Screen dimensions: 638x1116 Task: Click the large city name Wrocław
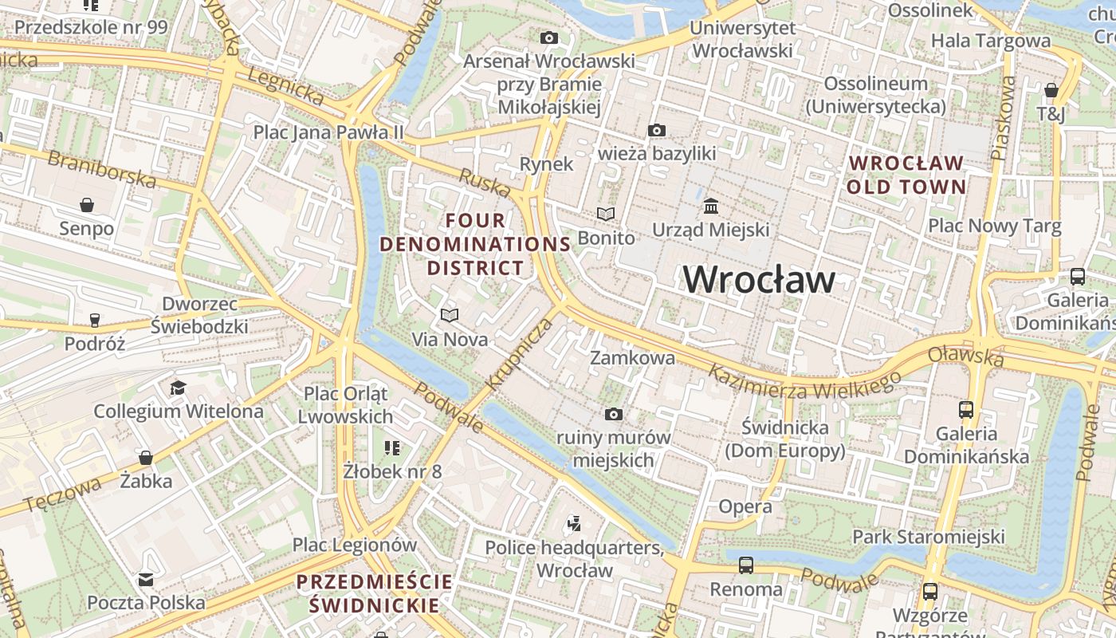click(759, 279)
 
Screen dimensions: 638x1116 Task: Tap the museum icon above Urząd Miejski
click(711, 207)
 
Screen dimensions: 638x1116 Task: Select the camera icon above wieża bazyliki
click(657, 130)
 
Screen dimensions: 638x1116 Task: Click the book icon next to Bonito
click(606, 214)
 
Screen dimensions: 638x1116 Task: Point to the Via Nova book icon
click(450, 315)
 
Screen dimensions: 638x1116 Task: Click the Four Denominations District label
click(476, 244)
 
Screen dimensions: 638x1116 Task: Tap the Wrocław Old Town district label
click(907, 175)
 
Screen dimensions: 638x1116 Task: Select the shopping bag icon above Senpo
click(87, 205)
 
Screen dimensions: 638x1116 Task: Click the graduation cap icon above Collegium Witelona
click(178, 388)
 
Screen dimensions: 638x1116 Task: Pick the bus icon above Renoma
click(746, 565)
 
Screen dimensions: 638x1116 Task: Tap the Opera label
click(745, 506)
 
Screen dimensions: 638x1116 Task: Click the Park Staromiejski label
click(929, 536)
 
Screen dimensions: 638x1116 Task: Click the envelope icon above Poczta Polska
click(146, 579)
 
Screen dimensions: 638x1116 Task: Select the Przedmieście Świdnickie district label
click(374, 593)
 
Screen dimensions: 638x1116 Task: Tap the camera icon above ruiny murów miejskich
click(613, 414)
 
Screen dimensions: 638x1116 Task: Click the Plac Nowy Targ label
click(994, 226)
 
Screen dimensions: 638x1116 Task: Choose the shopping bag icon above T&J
click(1051, 90)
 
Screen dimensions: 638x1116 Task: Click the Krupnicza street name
click(518, 355)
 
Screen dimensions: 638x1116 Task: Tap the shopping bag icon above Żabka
click(146, 458)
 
